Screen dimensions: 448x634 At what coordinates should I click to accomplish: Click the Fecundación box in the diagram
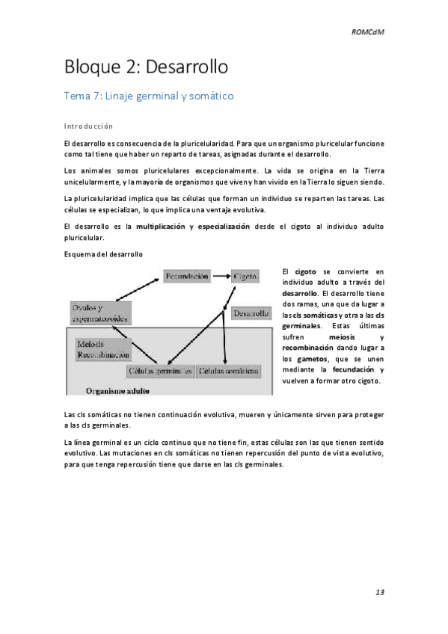click(186, 277)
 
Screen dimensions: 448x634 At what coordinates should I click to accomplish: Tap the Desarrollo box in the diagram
click(251, 314)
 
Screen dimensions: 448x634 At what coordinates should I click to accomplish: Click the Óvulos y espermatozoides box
click(99, 313)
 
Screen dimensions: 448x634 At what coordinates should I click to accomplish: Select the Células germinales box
click(161, 371)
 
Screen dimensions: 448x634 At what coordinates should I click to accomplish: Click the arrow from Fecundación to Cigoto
click(221, 277)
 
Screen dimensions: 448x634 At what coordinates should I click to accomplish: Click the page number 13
click(379, 592)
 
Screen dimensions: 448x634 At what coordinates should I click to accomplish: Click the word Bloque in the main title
click(90, 67)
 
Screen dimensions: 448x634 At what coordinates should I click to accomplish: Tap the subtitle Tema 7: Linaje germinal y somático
click(149, 96)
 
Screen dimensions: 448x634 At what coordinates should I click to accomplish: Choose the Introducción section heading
click(88, 126)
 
